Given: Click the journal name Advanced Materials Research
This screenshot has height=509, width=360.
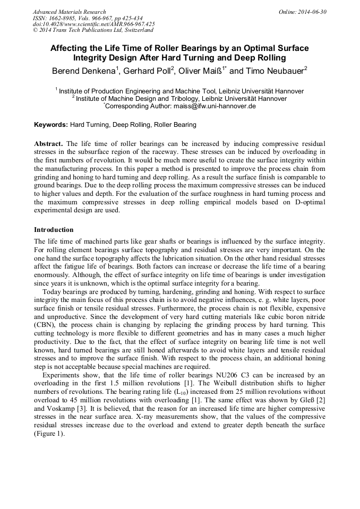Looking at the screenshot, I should tap(69, 12).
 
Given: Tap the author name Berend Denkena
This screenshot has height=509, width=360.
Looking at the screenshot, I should tap(82, 71).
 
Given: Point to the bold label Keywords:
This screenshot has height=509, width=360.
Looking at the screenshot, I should tap(51, 125).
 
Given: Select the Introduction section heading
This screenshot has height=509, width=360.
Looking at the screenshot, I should tap(54, 230).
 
